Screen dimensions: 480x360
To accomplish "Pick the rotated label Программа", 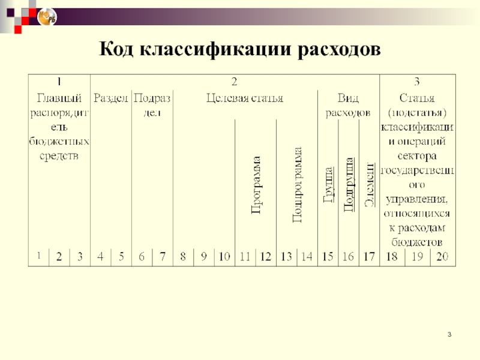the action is click(256, 185).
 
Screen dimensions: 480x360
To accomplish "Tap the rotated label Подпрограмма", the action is click(297, 185).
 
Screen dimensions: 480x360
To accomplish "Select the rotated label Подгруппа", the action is click(348, 183).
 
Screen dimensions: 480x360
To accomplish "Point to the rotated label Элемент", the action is click(370, 184).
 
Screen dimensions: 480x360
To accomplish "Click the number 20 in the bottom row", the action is click(442, 257).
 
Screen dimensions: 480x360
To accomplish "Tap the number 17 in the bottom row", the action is click(369, 257).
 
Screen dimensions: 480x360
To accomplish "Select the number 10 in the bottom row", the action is click(224, 257).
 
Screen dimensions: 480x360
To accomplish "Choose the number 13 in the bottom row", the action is click(287, 257).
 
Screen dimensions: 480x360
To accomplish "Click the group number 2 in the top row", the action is click(235, 81).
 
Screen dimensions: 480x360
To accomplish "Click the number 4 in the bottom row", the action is click(100, 257).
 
